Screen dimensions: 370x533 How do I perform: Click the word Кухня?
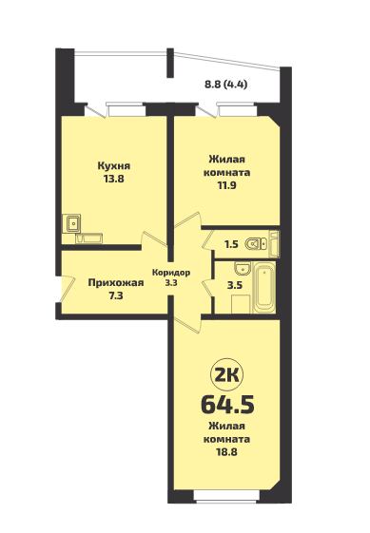click(x=114, y=166)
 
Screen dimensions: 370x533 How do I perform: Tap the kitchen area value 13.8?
click(x=114, y=180)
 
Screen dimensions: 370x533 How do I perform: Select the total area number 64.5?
click(x=227, y=405)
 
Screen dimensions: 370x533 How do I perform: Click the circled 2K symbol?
click(x=227, y=375)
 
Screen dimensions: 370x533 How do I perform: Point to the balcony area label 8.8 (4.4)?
click(x=225, y=85)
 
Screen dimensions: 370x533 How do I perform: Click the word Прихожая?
click(x=116, y=283)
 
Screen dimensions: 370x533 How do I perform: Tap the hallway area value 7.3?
click(x=116, y=296)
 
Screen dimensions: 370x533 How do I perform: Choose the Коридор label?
click(x=171, y=273)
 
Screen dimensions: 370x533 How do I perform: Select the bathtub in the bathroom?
click(x=264, y=287)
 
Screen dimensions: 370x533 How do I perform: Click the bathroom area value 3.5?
click(x=235, y=285)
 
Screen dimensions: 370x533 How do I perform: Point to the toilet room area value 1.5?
click(x=231, y=244)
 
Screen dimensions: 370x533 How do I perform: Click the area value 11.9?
click(x=226, y=185)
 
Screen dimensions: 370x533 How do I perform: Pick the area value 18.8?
click(x=226, y=452)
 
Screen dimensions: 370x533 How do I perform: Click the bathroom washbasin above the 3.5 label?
click(x=242, y=269)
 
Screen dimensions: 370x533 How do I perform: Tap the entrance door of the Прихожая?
click(x=67, y=288)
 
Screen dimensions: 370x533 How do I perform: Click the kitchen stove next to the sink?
click(x=88, y=238)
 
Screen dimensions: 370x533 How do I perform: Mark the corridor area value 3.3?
click(x=171, y=282)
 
